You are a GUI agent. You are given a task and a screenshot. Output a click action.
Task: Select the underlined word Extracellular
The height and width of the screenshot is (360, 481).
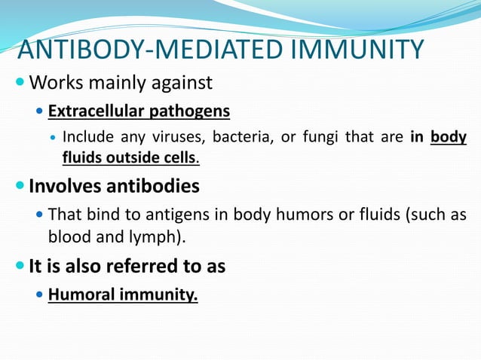95,112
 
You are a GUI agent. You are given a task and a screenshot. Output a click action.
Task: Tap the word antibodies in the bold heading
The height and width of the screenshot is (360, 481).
152,186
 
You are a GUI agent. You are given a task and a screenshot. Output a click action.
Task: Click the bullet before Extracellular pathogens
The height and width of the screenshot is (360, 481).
40,112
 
